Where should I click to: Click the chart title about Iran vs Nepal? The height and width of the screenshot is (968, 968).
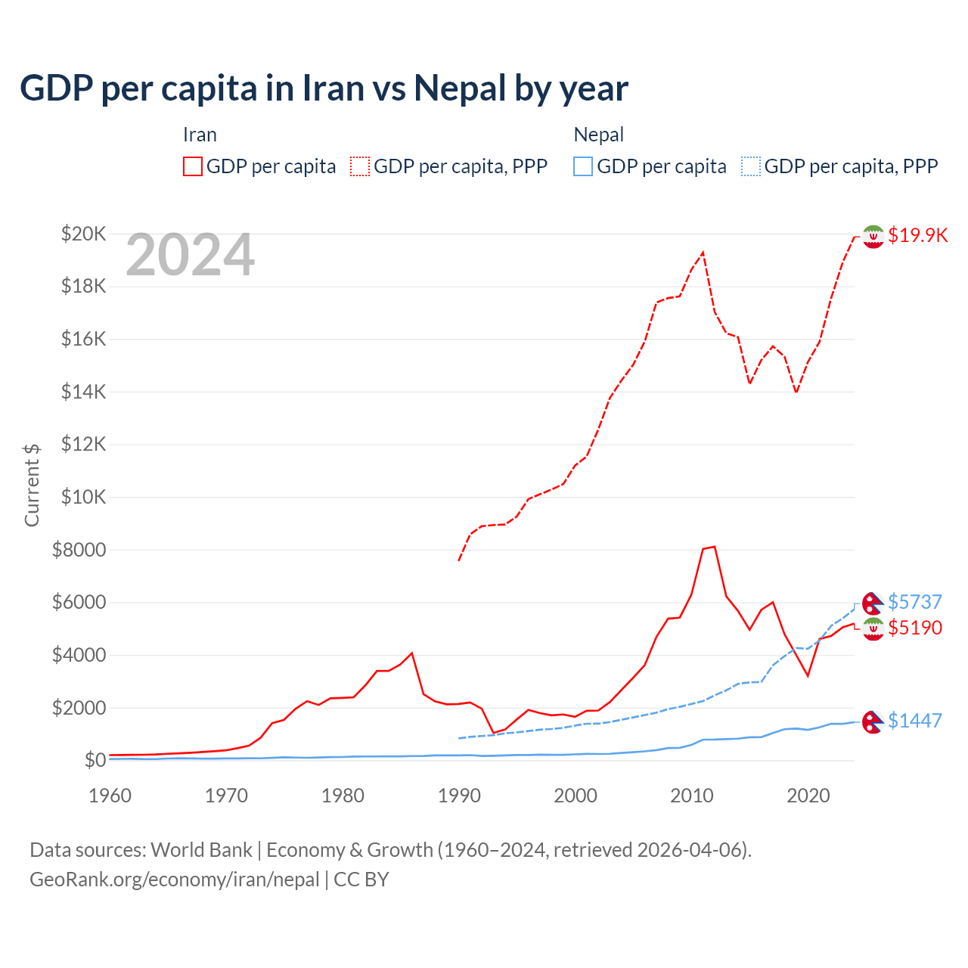click(324, 88)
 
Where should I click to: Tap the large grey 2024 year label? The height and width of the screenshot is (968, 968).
click(190, 255)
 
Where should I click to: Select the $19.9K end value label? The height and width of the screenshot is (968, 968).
click(917, 235)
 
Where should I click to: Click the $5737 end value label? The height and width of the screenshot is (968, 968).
click(915, 602)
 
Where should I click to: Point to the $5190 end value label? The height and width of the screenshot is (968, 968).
click(915, 628)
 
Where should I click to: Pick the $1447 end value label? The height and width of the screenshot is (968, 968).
click(915, 721)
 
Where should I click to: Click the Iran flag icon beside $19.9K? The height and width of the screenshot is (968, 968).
click(873, 236)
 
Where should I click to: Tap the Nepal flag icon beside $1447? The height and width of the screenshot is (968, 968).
click(873, 721)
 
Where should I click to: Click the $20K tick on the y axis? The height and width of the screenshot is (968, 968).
click(83, 234)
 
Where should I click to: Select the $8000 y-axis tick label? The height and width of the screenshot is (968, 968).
click(79, 550)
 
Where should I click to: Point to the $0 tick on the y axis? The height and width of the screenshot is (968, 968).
click(95, 760)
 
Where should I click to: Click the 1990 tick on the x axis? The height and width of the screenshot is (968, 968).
click(459, 796)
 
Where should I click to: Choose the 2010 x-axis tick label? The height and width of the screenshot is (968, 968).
click(692, 796)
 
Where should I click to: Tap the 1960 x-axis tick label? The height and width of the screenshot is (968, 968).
click(110, 796)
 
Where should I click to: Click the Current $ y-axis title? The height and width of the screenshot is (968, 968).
click(32, 485)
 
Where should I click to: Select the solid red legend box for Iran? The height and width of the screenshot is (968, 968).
click(193, 166)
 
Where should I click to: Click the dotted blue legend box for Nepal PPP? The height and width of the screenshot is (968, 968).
click(751, 166)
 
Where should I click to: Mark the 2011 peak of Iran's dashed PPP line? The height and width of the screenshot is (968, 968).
click(703, 253)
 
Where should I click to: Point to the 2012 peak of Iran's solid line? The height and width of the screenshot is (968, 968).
click(715, 546)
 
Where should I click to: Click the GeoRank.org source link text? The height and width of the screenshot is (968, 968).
click(175, 880)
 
